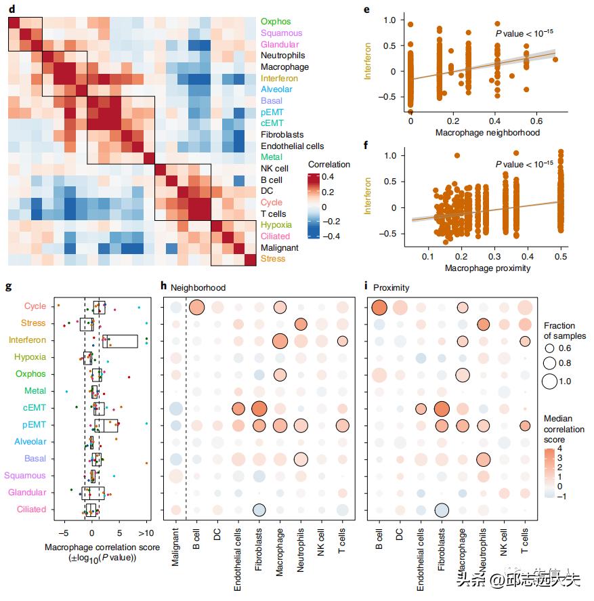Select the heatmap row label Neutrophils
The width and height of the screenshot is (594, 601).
[283, 56]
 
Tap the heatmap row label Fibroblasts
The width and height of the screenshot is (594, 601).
[282, 135]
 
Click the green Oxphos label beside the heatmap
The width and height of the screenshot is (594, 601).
[276, 22]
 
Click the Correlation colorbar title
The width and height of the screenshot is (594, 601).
[329, 164]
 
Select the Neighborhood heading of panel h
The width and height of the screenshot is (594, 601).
[198, 287]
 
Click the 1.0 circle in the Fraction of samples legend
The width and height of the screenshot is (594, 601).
[550, 381]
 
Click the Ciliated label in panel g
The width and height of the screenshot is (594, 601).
[31, 510]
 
